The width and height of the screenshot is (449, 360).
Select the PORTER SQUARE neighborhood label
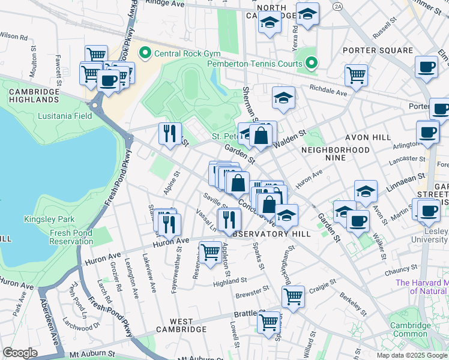pyautogui.click(x=378, y=50)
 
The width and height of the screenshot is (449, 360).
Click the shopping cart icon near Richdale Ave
pyautogui.click(x=356, y=75)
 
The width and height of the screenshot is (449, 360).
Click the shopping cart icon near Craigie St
pyautogui.click(x=293, y=296)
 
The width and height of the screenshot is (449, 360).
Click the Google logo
pyautogui.click(x=19, y=353)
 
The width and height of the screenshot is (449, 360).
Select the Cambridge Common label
pyautogui.click(x=410, y=329)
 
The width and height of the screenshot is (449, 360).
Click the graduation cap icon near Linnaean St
pyautogui.click(x=366, y=191)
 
